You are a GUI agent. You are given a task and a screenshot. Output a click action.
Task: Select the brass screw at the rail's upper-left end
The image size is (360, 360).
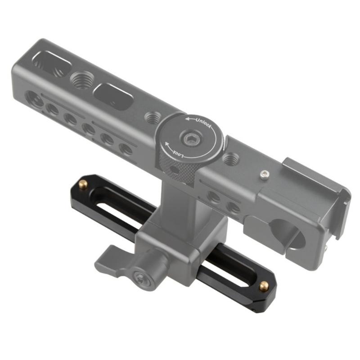(83, 183)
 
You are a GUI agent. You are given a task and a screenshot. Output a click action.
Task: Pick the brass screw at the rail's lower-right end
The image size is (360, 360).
(264, 285)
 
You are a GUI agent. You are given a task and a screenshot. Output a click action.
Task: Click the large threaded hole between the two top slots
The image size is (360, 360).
(81, 81)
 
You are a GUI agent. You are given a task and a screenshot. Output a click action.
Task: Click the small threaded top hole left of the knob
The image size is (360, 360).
(152, 118)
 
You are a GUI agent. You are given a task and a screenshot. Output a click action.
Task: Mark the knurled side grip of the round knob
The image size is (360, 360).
(178, 169)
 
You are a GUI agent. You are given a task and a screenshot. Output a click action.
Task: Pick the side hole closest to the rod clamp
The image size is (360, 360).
(234, 207)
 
